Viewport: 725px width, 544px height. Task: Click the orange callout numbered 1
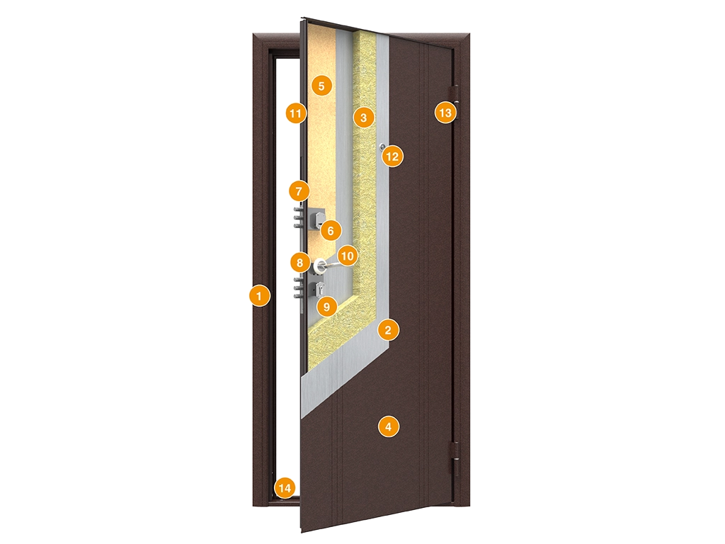[259, 295]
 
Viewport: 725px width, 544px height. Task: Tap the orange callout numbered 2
[388, 330]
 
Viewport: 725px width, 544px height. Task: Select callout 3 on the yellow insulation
[363, 118]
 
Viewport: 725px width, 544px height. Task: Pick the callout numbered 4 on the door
[388, 426]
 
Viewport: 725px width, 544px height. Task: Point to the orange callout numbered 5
[321, 86]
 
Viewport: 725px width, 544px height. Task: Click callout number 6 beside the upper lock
[331, 230]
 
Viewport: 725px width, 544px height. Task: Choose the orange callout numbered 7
[299, 191]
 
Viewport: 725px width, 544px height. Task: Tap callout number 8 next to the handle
[300, 263]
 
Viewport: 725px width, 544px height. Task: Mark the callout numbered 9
[327, 306]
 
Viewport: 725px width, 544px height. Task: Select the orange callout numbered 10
[347, 256]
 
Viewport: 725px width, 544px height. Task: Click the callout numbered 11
[296, 113]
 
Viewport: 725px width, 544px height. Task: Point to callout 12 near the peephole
[392, 157]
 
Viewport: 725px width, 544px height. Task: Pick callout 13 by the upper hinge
[445, 113]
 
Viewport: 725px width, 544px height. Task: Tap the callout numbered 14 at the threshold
[285, 488]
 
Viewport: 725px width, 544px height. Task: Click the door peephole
[382, 147]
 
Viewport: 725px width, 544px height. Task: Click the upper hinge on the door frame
[457, 103]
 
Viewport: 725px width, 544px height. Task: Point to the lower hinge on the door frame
[455, 458]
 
